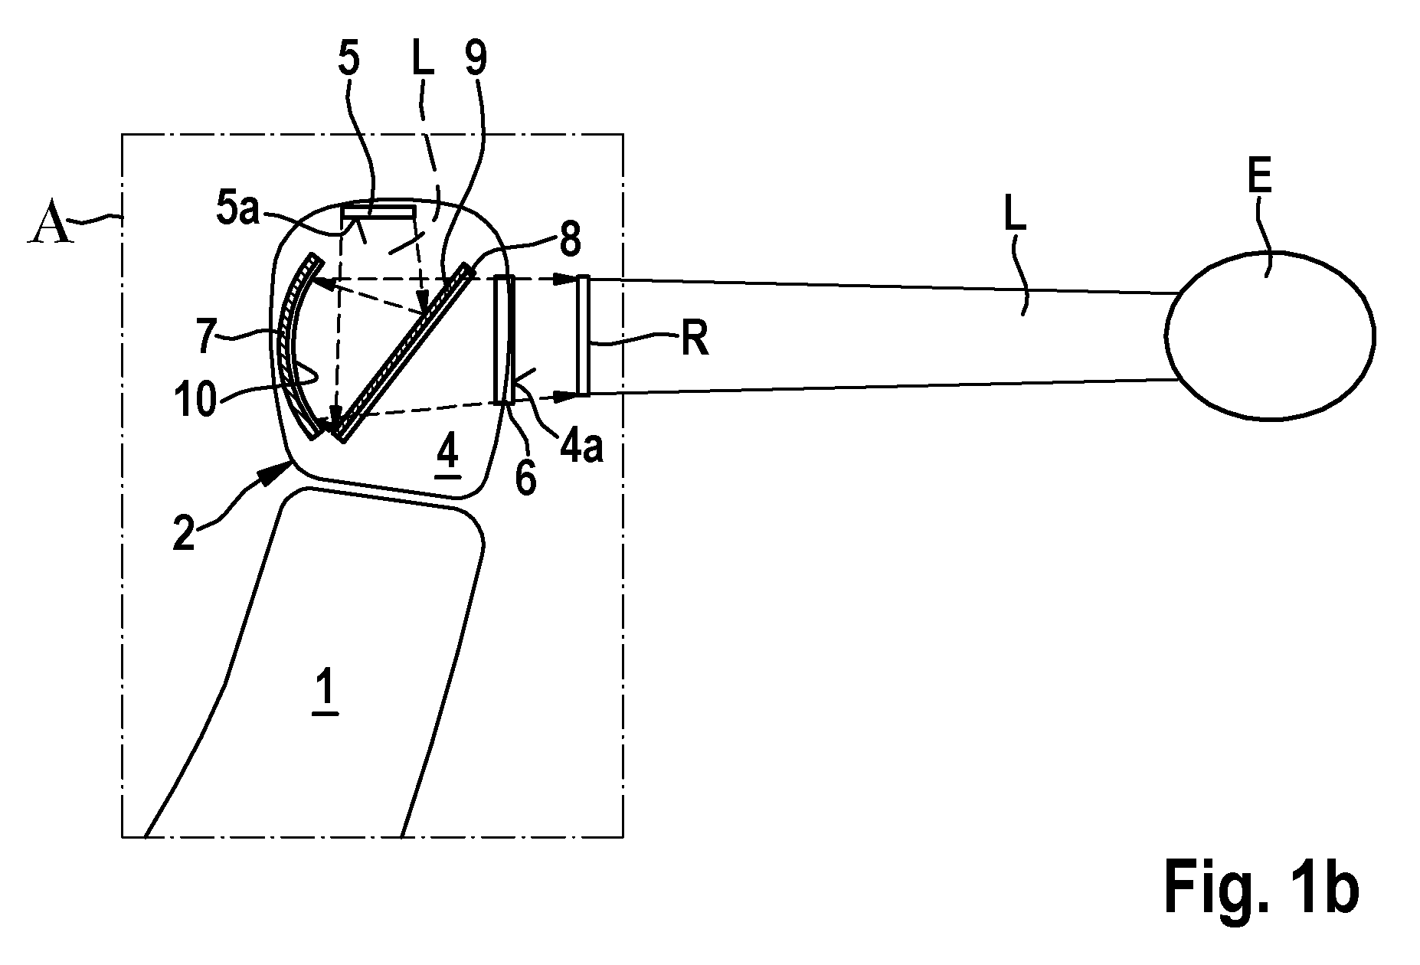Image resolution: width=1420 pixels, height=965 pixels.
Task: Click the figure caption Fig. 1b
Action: [x=1261, y=888]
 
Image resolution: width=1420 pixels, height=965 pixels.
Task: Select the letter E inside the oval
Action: [x=1259, y=180]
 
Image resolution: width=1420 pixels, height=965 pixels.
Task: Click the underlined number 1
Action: [x=325, y=694]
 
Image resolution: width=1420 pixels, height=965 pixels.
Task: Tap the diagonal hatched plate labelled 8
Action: [x=404, y=353]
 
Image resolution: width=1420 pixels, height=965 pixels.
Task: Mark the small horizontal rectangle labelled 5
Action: [x=378, y=211]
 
